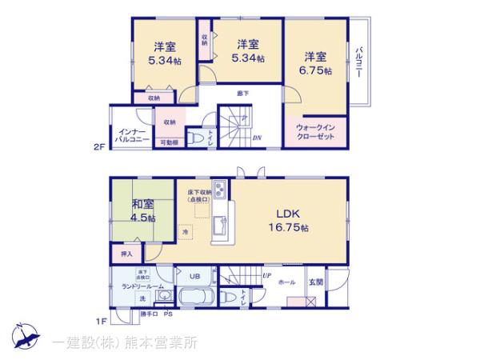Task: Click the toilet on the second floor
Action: pos(198,139)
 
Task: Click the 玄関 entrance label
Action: pos(317,282)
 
